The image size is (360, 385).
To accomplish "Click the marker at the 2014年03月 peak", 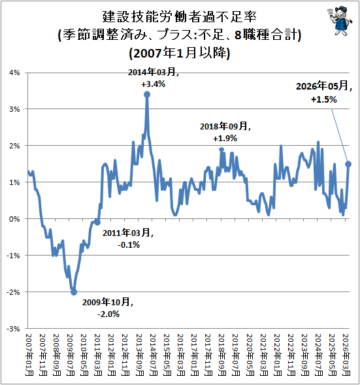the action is click(147, 95).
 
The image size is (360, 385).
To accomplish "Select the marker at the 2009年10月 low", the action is click(74, 292).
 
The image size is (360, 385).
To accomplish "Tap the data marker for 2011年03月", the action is click(97, 222).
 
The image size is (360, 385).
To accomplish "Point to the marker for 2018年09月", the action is click(221, 149).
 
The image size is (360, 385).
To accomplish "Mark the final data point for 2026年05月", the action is click(348, 164).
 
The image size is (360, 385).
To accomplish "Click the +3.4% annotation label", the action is click(153, 84).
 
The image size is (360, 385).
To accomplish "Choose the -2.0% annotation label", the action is click(108, 314).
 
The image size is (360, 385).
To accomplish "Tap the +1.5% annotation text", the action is click(323, 99).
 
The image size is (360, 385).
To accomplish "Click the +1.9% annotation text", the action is click(225, 138).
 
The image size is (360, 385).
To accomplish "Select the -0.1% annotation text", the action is click(129, 244).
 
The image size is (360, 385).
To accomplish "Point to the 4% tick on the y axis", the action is click(14, 73).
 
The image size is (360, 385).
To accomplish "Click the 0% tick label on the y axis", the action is click(14, 219).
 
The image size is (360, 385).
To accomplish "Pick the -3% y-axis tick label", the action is click(13, 329).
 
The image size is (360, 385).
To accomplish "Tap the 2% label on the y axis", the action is click(14, 146).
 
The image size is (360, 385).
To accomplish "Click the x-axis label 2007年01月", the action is click(29, 355).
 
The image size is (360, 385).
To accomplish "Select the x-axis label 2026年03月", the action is click(346, 355).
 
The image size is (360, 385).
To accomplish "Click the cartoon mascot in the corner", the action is click(340, 21).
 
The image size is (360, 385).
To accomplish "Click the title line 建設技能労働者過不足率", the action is click(180, 17).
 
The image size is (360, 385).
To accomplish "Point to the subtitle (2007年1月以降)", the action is click(180, 53).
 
